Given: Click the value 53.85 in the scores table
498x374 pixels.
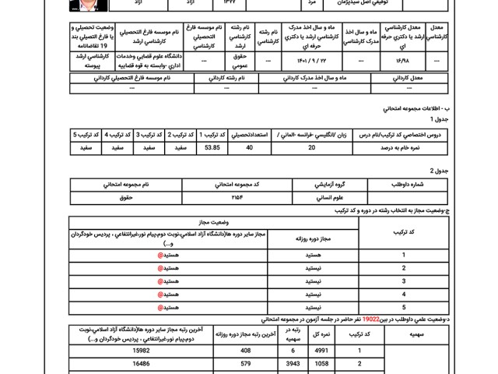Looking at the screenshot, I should click(x=212, y=146).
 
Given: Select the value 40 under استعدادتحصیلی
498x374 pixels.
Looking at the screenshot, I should click(x=250, y=146).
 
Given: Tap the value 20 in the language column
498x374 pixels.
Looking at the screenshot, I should click(x=311, y=146).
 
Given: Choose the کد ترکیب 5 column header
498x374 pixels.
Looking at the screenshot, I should click(x=85, y=134).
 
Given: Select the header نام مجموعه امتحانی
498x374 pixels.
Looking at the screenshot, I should click(x=126, y=185).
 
